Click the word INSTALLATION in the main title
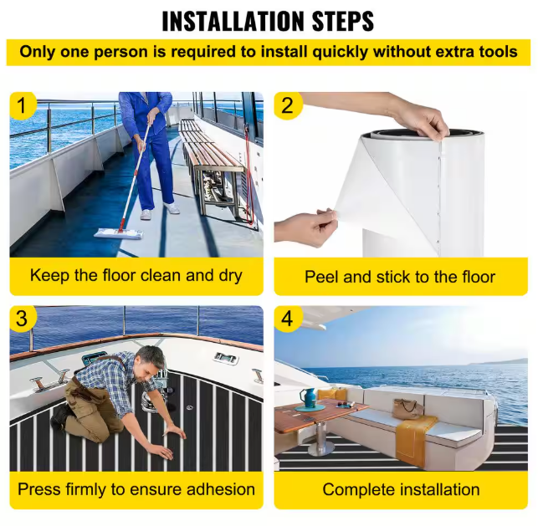[233, 21]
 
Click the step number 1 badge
[22, 105]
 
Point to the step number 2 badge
[288, 105]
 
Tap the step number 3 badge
[22, 319]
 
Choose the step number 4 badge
[288, 319]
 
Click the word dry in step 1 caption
[230, 276]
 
